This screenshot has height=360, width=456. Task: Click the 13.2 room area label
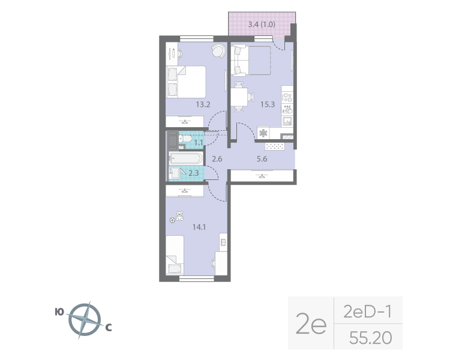203,104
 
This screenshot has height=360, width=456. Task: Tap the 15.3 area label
267,104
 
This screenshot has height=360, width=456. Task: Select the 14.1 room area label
199,227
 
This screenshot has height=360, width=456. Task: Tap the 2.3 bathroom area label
194,173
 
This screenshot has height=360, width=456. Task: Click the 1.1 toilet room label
197,142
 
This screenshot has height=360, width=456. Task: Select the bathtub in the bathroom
187,158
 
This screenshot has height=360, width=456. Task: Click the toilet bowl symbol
185,140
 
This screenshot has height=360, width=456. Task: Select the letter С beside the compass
109,328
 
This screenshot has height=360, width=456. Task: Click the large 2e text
311,325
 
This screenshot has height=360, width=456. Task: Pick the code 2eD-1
367,312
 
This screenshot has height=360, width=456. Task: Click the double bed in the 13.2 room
186,82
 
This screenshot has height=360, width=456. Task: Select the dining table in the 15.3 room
241,96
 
